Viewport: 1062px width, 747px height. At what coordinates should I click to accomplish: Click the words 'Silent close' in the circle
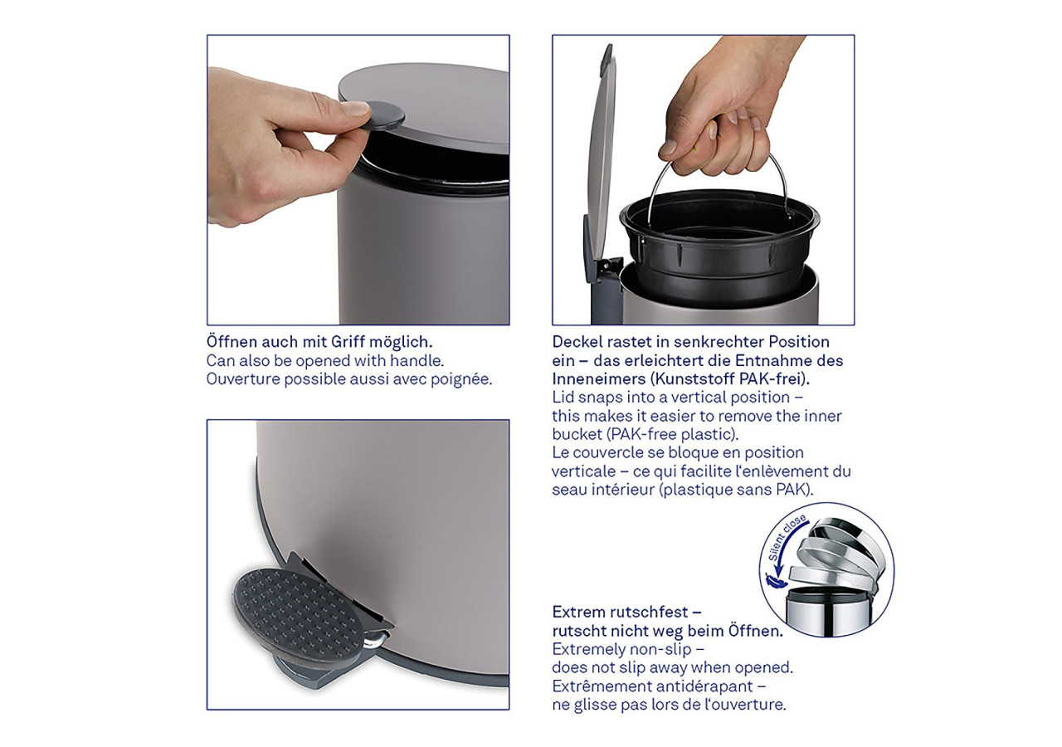point(785,539)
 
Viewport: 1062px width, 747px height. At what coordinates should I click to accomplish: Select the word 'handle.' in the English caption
point(418,361)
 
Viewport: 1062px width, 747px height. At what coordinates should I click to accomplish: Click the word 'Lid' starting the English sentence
point(563,398)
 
